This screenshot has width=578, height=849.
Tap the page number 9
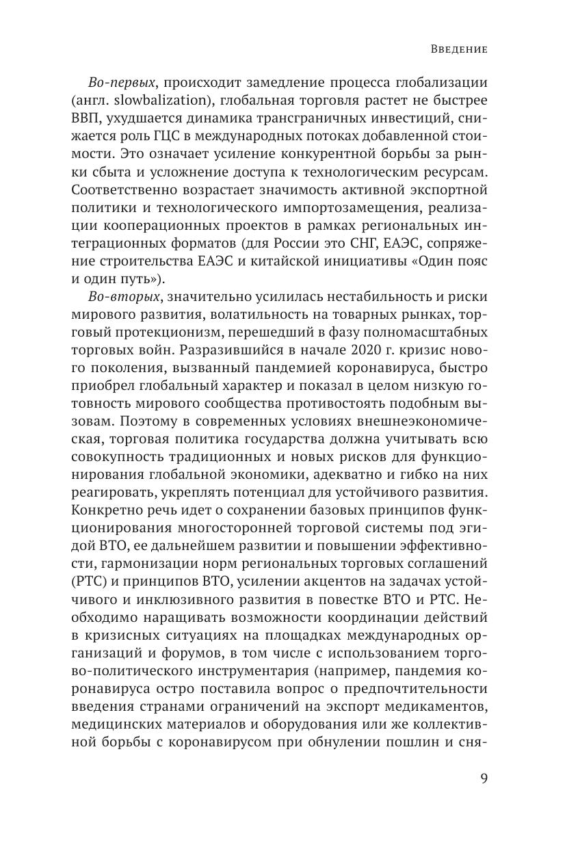483,780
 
